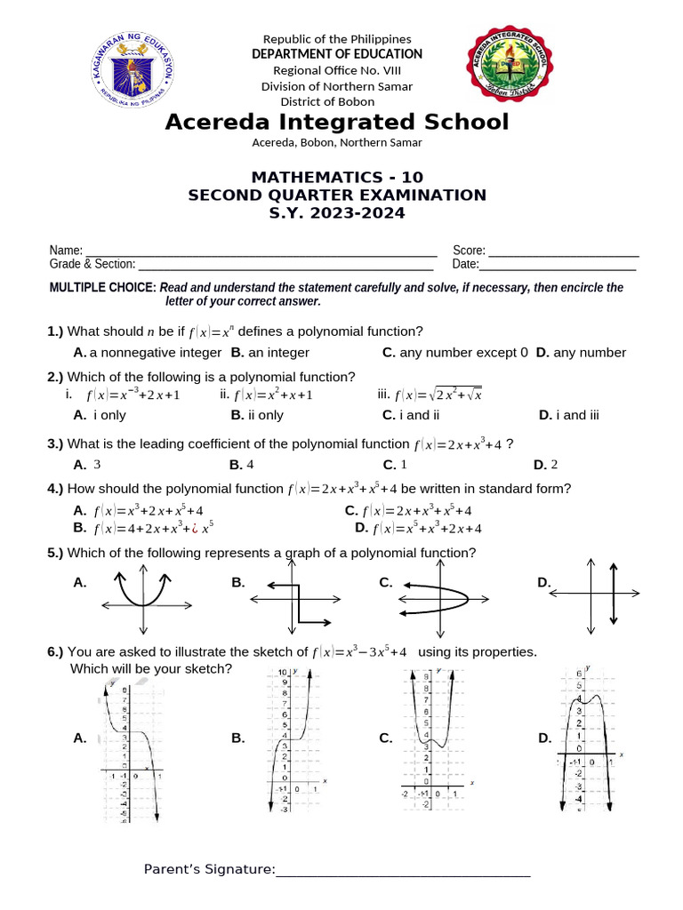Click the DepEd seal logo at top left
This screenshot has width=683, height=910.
pos(132,69)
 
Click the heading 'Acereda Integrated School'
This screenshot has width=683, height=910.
pos(337,122)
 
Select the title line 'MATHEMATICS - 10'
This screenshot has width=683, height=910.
pos(337,177)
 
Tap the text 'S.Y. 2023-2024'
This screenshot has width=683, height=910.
pos(337,213)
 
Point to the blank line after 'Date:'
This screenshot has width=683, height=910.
pos(558,267)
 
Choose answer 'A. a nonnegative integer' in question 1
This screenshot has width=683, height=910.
pos(147,353)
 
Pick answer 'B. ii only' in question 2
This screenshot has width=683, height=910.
pos(257,415)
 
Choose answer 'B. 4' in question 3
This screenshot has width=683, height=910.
pos(242,465)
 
